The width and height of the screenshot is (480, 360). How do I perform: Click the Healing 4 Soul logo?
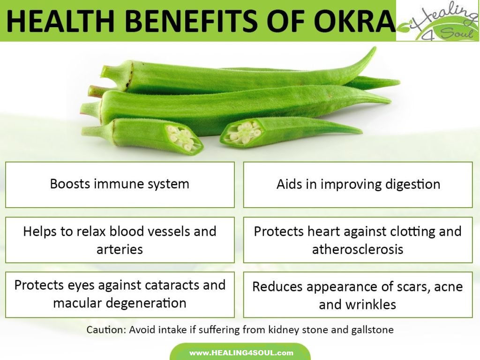pyautogui.click(x=437, y=21)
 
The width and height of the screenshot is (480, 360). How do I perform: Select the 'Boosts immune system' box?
pyautogui.click(x=120, y=184)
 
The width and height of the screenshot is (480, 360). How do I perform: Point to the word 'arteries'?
pyautogui.click(x=120, y=249)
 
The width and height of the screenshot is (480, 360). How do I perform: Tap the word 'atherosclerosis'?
pyautogui.click(x=358, y=249)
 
